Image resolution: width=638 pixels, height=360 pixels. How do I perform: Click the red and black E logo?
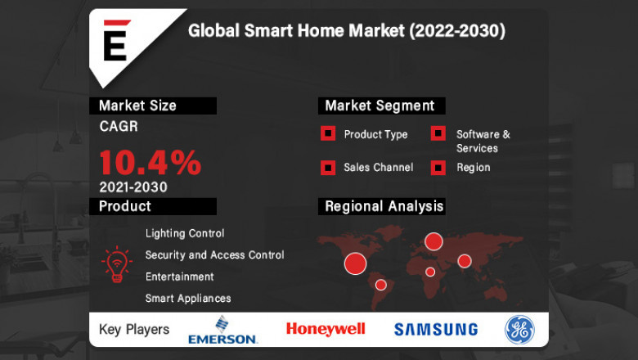115,41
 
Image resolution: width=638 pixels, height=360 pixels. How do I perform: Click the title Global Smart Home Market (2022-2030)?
346,31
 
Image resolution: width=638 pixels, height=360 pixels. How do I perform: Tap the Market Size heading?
137,106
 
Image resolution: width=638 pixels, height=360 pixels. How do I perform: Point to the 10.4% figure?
150,162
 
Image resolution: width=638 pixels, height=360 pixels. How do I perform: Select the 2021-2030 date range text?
133,187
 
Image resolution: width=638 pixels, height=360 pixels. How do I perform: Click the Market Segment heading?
380,106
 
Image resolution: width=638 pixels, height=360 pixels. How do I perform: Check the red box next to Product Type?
327,134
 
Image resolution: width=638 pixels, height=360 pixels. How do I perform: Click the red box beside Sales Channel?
327,168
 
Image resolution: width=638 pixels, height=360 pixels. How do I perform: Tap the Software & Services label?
483,141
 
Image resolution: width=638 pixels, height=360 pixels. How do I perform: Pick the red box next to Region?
438,168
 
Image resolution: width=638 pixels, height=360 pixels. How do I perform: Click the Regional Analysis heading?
384,206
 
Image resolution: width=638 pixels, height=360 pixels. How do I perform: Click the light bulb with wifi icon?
116,264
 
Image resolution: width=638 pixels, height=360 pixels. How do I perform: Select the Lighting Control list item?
184,234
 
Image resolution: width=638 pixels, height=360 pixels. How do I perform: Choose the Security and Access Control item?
214,255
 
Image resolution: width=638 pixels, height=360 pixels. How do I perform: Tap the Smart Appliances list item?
187,299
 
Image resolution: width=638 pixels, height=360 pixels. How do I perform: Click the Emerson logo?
222,330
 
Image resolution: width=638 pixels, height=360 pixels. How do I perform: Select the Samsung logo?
436,330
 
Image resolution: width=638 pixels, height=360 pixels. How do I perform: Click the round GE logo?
519,329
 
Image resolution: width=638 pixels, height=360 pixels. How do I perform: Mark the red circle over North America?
355,263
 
